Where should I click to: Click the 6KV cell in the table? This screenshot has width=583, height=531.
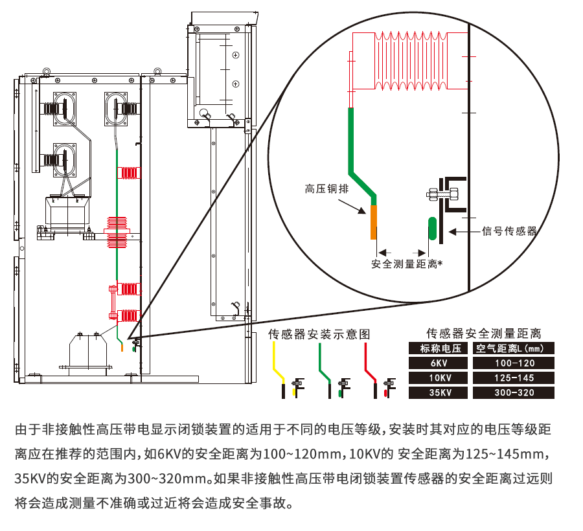tap(439, 363)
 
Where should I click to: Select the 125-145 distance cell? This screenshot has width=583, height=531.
tap(513, 378)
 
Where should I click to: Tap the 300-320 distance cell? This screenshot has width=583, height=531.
tap(513, 393)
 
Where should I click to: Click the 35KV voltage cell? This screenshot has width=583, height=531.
tap(439, 393)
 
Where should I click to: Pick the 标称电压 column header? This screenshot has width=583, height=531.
tap(439, 348)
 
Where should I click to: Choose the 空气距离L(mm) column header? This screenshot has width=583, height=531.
tap(513, 348)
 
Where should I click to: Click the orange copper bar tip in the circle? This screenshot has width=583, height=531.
tap(373, 221)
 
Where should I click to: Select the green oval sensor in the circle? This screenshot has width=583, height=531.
tap(431, 230)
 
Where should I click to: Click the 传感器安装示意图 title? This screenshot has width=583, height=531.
tap(319, 334)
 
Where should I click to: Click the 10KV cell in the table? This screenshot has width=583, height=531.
tap(439, 378)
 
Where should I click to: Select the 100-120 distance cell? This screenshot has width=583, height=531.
tap(513, 363)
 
